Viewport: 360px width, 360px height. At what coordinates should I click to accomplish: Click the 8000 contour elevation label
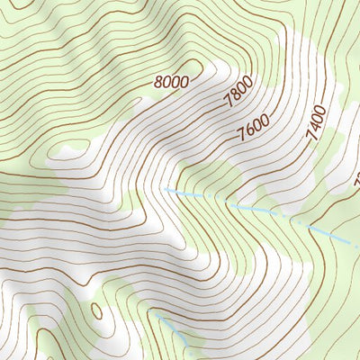point(171,82)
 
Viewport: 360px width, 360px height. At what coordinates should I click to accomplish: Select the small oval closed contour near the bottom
point(96,311)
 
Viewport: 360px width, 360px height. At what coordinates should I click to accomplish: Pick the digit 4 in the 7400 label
point(316,121)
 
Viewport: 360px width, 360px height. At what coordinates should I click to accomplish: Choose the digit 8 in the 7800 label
point(236,100)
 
